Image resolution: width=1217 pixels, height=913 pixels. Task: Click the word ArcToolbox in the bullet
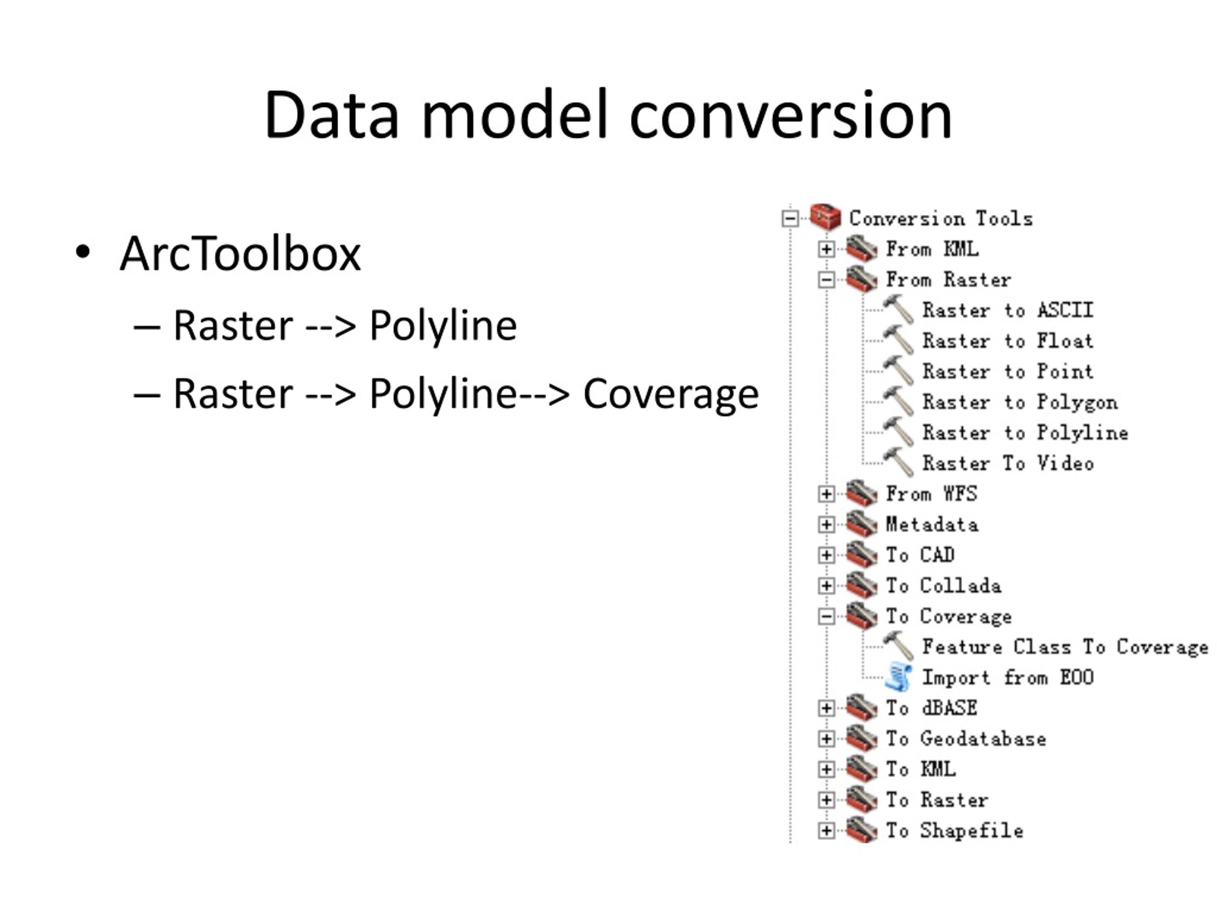tap(241, 254)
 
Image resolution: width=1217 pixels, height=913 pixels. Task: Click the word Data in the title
tap(331, 115)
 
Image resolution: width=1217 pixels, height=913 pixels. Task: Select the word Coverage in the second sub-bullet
tap(671, 395)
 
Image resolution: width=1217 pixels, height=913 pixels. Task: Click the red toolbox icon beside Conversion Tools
tap(825, 217)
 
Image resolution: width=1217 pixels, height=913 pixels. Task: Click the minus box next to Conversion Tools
tap(790, 218)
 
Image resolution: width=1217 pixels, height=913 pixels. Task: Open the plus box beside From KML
tap(826, 249)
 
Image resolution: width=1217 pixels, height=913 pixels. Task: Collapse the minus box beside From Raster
tap(826, 280)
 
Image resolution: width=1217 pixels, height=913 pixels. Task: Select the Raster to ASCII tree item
tap(1007, 311)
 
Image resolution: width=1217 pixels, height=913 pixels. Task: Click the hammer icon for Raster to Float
tap(898, 340)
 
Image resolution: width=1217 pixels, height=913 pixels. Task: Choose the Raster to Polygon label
tap(1020, 402)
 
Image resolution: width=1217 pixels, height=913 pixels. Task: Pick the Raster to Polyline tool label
tap(1025, 433)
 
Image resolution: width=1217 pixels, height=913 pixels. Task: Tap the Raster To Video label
tap(1008, 463)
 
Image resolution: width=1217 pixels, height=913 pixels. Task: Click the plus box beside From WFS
tap(826, 494)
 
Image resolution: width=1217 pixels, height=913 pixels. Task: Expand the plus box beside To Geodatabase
tap(826, 738)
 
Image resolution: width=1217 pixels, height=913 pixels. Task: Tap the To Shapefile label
tap(955, 830)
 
